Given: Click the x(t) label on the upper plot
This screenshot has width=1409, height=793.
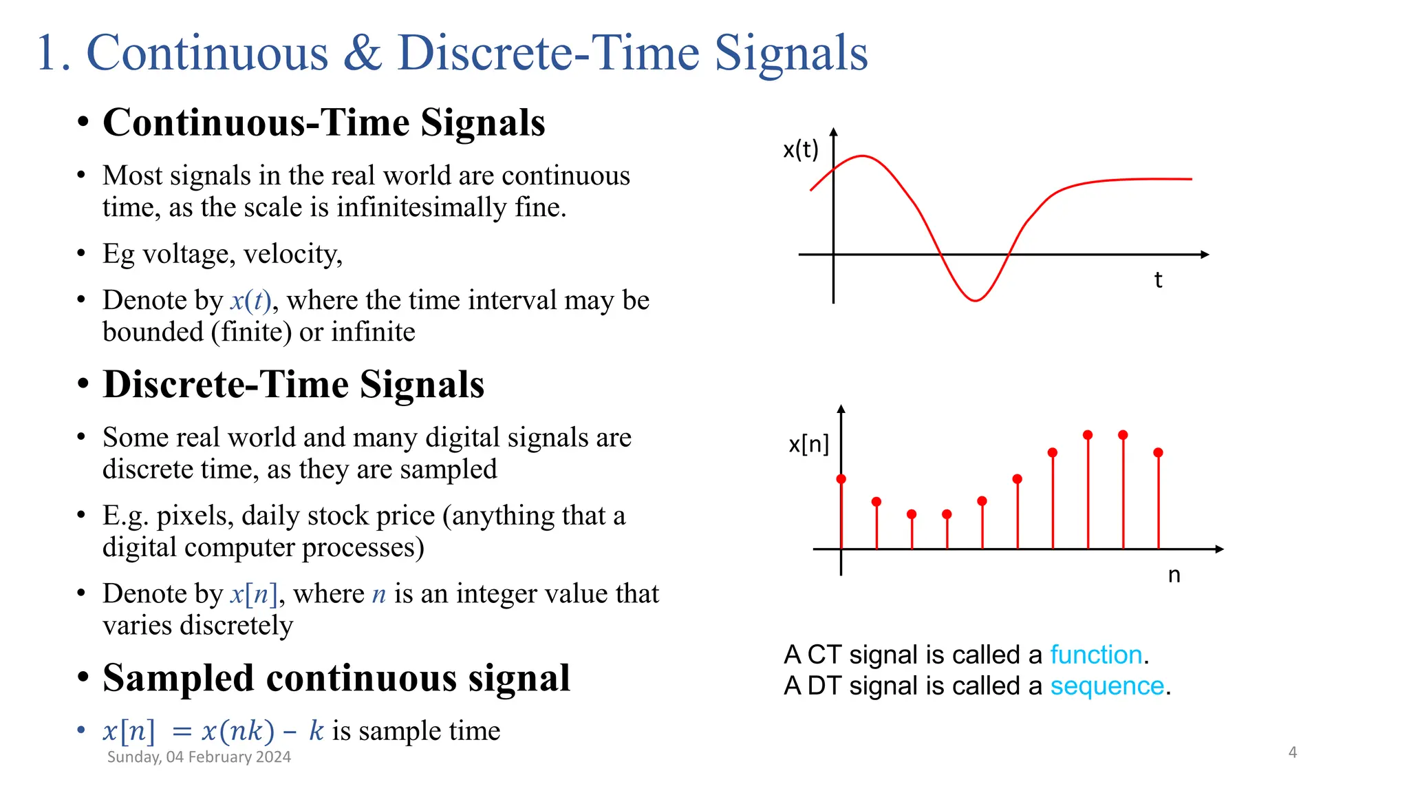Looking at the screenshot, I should pyautogui.click(x=801, y=149).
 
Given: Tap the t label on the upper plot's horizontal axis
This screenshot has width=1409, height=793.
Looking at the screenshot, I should pyautogui.click(x=1158, y=280).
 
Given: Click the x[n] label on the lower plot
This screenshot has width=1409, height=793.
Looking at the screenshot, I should pyautogui.click(x=808, y=444).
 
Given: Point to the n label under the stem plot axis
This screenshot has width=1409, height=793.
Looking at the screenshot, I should pyautogui.click(x=1174, y=575).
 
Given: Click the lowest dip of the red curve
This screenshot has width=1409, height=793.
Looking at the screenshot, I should pyautogui.click(x=975, y=300).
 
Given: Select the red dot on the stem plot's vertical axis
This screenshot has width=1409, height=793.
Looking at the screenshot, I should pyautogui.click(x=841, y=478).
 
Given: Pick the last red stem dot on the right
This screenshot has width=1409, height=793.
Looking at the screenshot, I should pyautogui.click(x=1158, y=452).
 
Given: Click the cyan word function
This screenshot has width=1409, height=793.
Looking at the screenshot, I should pyautogui.click(x=1096, y=655).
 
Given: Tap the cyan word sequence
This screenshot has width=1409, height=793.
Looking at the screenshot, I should pyautogui.click(x=1107, y=686).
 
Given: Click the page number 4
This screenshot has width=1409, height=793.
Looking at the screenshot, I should pyautogui.click(x=1292, y=752).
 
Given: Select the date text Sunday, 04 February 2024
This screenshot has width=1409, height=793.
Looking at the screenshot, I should pyautogui.click(x=199, y=757).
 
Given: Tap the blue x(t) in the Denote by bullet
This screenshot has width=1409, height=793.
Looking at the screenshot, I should pyautogui.click(x=250, y=301).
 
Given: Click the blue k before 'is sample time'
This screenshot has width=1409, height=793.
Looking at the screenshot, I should pyautogui.click(x=316, y=731).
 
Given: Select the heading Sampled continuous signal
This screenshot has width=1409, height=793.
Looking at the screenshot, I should pyautogui.click(x=336, y=678).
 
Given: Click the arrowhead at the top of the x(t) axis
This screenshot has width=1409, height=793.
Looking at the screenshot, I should pyautogui.click(x=833, y=131).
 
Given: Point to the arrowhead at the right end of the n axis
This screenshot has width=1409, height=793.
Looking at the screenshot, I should pyautogui.click(x=1219, y=549).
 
